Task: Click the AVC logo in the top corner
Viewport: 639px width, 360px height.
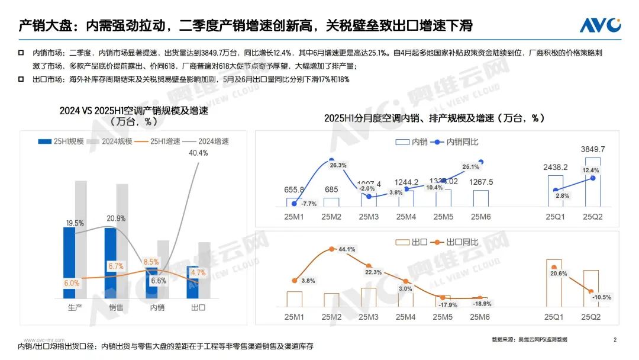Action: [599, 25]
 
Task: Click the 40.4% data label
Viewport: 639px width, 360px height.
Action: [198, 153]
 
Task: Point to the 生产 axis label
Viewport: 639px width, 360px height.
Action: [75, 308]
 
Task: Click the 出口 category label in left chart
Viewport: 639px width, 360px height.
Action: [198, 308]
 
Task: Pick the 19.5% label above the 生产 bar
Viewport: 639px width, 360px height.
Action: [75, 223]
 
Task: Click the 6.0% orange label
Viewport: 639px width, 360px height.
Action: [72, 283]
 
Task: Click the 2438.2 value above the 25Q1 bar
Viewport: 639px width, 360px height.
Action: [556, 167]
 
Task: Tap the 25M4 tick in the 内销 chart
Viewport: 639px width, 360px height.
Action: [405, 217]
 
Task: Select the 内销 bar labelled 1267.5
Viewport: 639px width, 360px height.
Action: [480, 198]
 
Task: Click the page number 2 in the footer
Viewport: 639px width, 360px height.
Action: [615, 340]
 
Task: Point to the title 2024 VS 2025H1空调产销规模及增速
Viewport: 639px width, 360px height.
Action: [134, 111]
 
